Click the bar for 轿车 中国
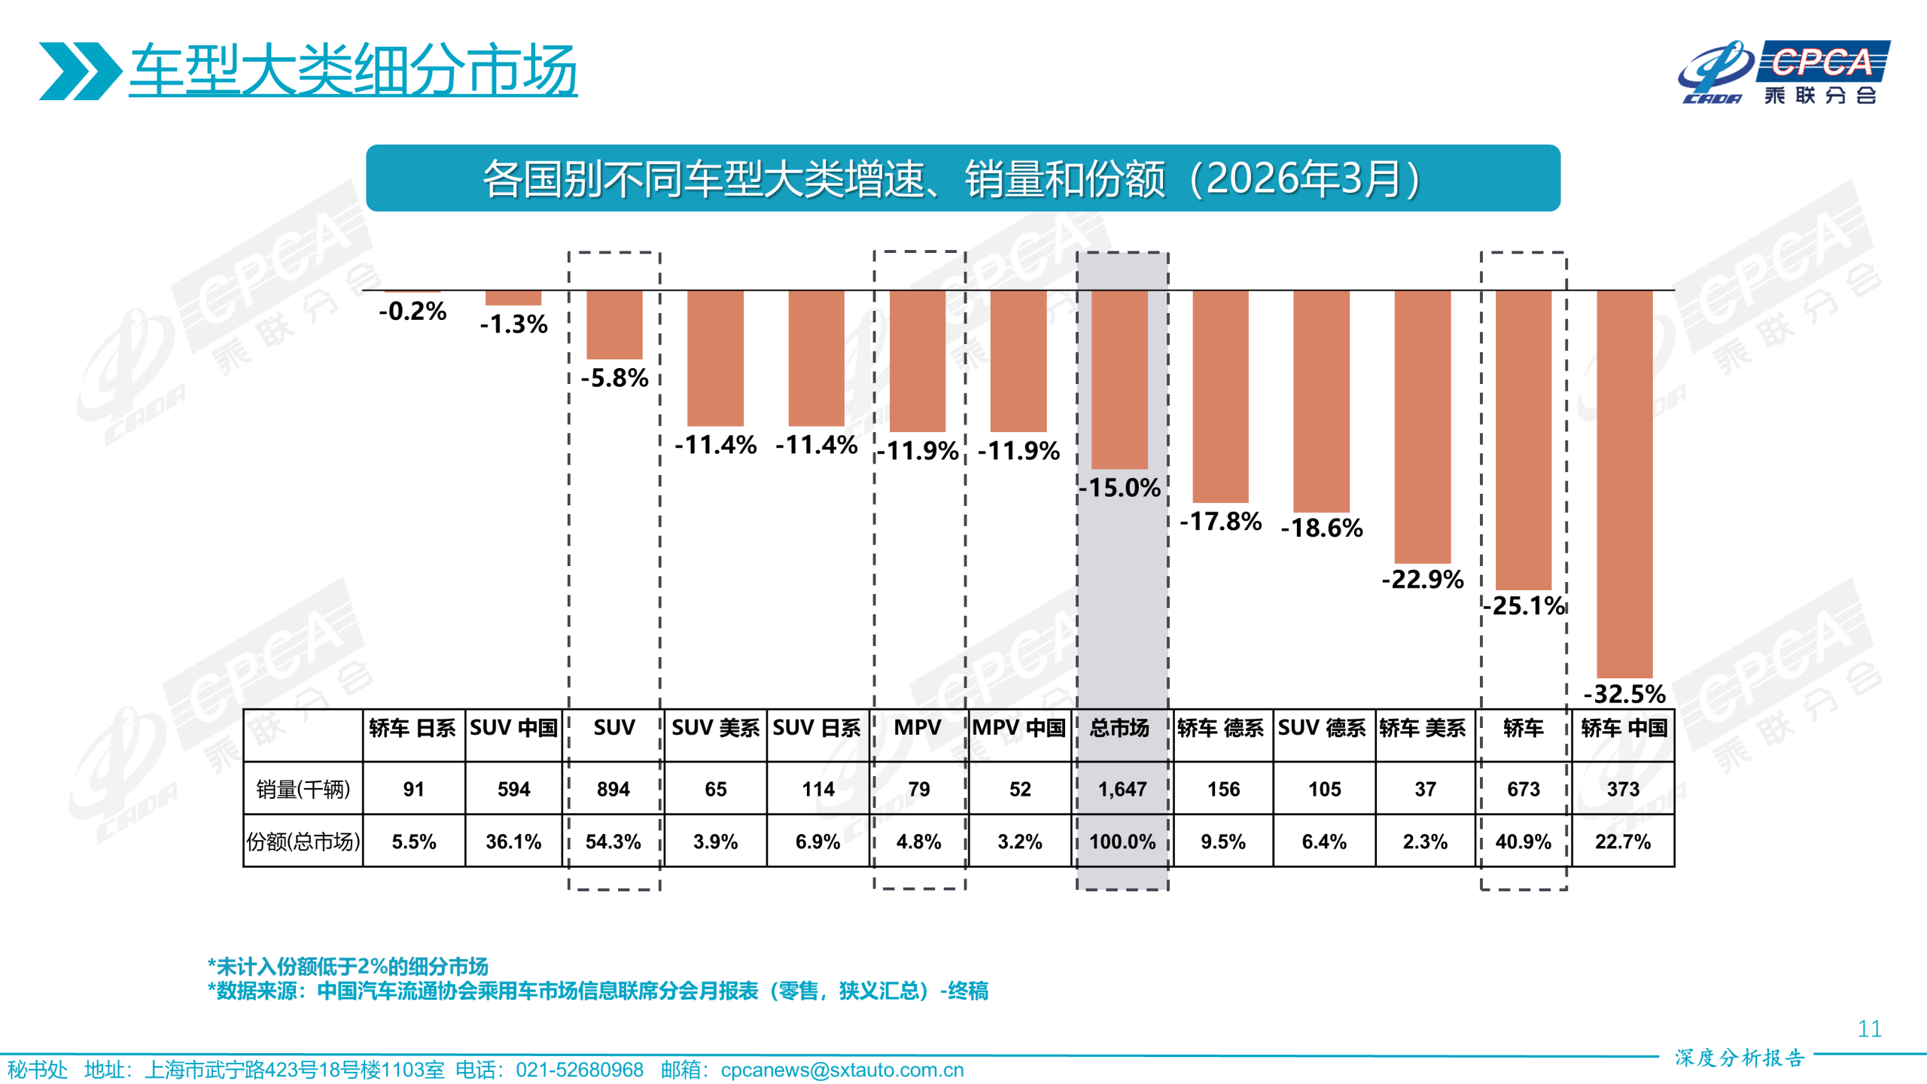pyautogui.click(x=1624, y=483)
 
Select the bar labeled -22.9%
pyautogui.click(x=1422, y=426)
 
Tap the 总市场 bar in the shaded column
pyautogui.click(x=1119, y=379)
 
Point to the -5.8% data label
pyautogui.click(x=614, y=378)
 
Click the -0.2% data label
pyautogui.click(x=412, y=311)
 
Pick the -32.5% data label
pyautogui.click(x=1624, y=693)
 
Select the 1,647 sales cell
pyautogui.click(x=1122, y=789)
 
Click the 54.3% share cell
pyautogui.click(x=613, y=842)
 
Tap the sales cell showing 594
pyautogui.click(x=513, y=789)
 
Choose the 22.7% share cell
pyautogui.click(x=1622, y=842)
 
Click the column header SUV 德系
pyautogui.click(x=1322, y=728)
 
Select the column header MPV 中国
pyautogui.click(x=1019, y=728)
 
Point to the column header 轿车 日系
pyautogui.click(x=412, y=728)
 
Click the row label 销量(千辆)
pyautogui.click(x=303, y=789)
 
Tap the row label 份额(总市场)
pyautogui.click(x=303, y=842)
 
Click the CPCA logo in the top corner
pyautogui.click(x=1784, y=72)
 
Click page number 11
pyautogui.click(x=1869, y=1029)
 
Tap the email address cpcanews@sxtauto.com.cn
pyautogui.click(x=842, y=1070)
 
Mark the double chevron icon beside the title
pyautogui.click(x=80, y=71)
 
